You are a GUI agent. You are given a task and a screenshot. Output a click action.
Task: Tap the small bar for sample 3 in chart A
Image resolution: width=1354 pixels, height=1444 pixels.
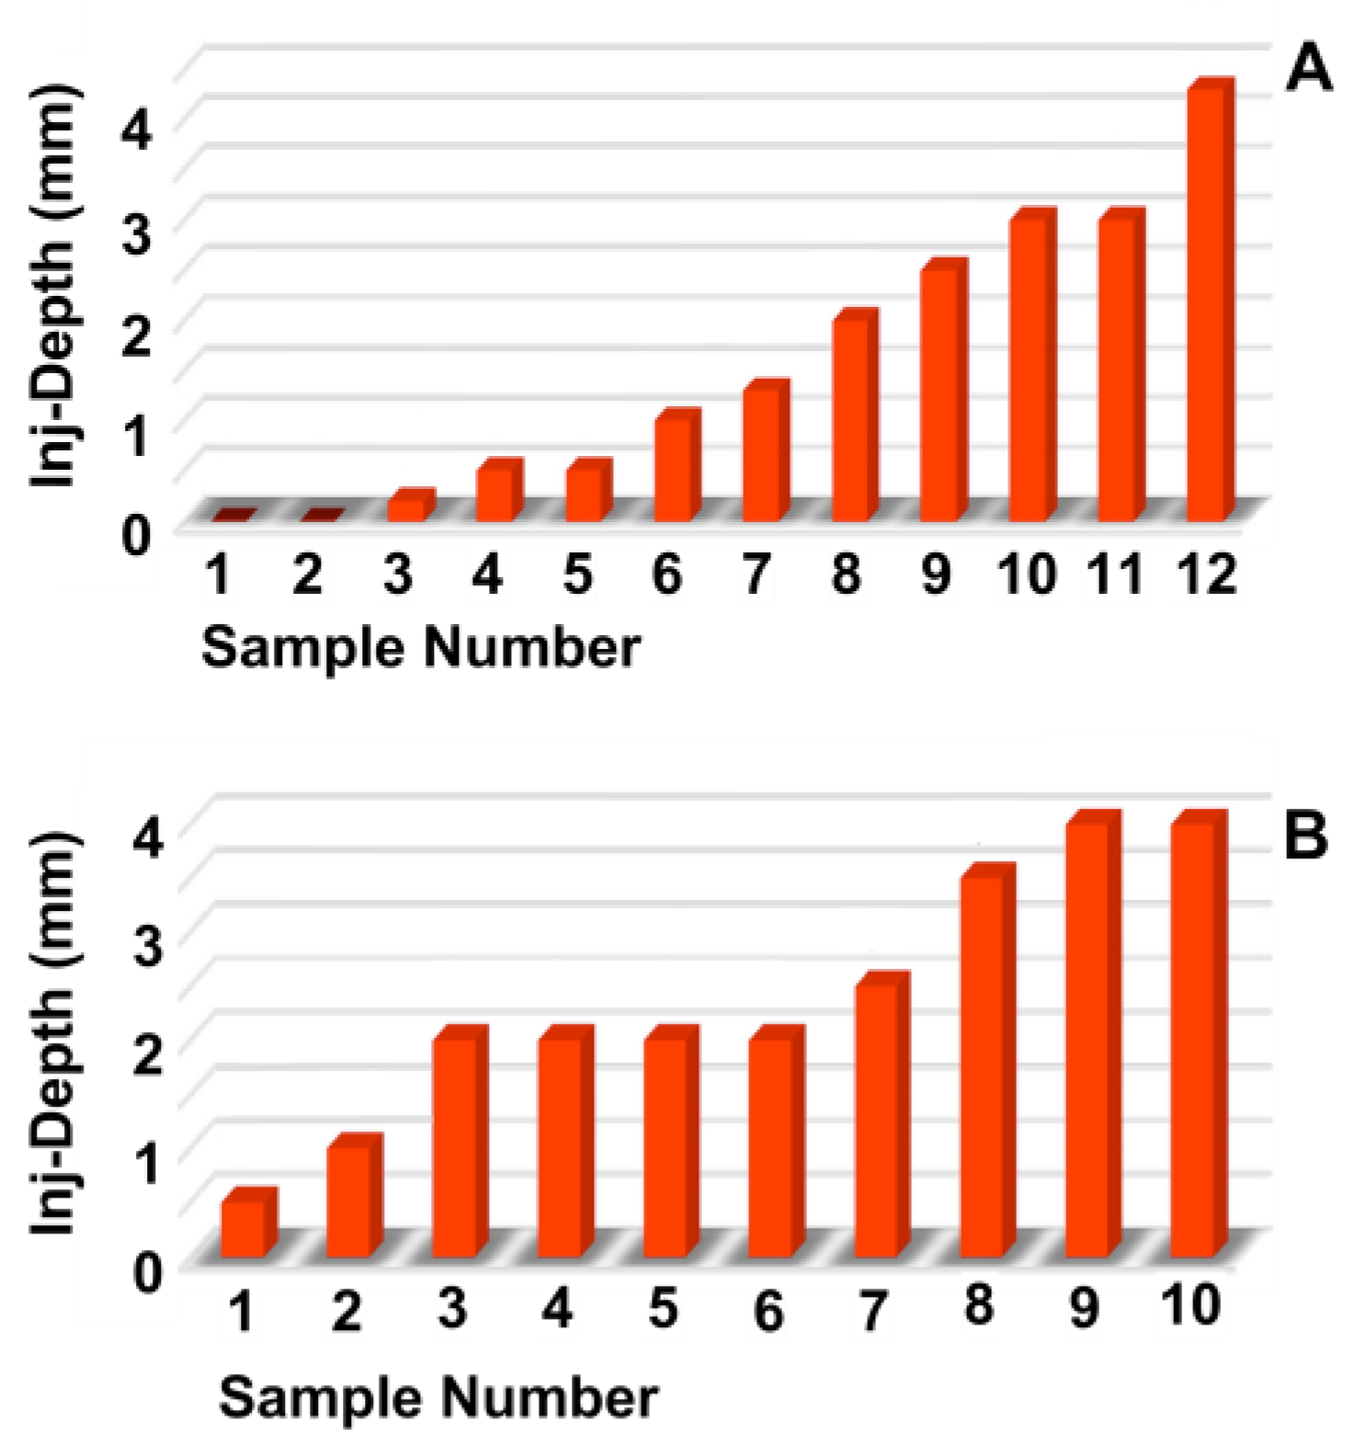coord(407,508)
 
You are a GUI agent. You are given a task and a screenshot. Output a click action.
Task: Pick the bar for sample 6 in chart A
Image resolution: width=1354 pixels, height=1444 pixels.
coord(674,469)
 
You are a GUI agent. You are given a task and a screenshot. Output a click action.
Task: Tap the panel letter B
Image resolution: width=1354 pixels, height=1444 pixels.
coord(1305,837)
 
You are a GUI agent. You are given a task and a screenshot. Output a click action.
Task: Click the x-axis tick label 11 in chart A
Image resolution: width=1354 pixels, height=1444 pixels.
coord(1117,575)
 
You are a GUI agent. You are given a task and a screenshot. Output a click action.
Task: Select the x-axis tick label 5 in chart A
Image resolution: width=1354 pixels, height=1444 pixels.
coord(577,575)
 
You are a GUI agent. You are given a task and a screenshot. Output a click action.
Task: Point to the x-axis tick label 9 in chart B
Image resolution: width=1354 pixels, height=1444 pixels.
coord(1085,1308)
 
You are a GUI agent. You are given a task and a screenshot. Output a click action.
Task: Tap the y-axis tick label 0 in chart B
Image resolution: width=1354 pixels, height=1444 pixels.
coord(147,1272)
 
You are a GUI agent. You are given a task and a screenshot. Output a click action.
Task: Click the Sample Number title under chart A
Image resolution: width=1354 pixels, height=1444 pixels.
coord(420,648)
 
